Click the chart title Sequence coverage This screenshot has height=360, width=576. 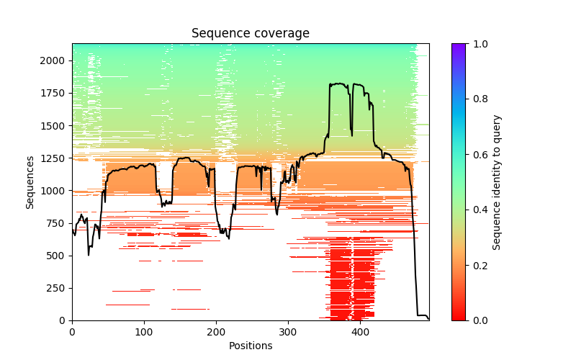point(250,34)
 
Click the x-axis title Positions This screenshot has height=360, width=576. point(250,346)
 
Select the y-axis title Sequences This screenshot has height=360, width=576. point(30,182)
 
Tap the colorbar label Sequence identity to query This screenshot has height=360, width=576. point(498,182)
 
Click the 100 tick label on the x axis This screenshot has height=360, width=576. point(144,332)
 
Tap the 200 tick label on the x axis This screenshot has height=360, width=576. point(216,332)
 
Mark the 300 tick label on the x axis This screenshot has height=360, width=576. point(288,332)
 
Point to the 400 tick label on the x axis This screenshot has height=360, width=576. point(360,332)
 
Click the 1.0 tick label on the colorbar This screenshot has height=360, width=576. point(478,44)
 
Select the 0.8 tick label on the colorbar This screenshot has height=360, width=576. point(478,99)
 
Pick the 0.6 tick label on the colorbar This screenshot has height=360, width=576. point(478,155)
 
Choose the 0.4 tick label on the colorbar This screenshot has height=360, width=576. point(478,210)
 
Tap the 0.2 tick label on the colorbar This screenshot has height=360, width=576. point(478,265)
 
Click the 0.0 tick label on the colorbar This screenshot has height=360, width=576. point(478,320)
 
